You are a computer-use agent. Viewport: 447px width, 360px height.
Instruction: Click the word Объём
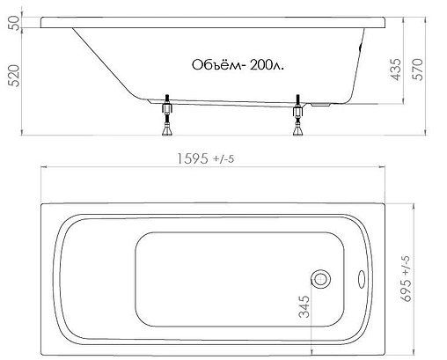[x=213, y=66]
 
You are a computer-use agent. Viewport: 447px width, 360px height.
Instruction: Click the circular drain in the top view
[x=321, y=279]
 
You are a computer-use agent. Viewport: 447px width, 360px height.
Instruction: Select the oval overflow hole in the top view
[x=362, y=279]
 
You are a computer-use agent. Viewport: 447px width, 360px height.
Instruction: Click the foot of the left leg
[x=166, y=134]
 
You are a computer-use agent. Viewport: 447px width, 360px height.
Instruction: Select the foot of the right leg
[x=298, y=134]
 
